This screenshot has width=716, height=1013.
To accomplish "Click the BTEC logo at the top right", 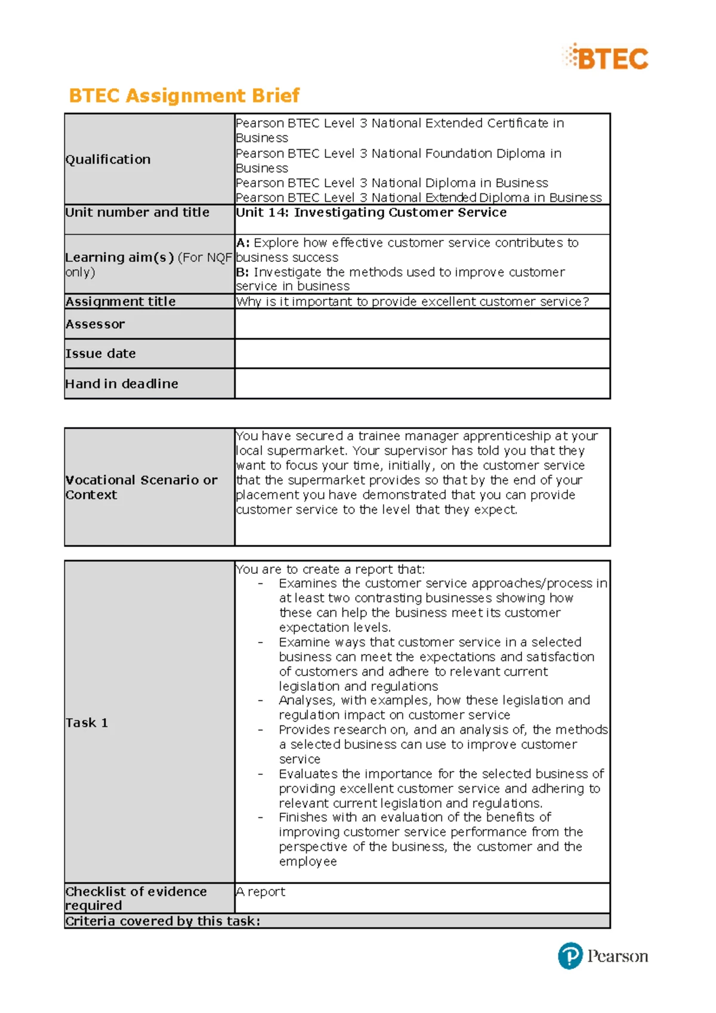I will [x=606, y=58].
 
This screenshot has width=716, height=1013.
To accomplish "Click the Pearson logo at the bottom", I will [x=603, y=956].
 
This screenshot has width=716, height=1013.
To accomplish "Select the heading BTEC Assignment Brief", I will [x=184, y=95].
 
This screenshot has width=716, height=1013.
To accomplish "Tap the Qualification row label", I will [x=108, y=159].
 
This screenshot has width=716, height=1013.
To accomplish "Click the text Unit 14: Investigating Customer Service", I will [x=371, y=212].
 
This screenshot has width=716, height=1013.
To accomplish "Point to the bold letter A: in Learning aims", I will [x=242, y=243].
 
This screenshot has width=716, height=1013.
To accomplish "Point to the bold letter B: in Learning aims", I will [x=242, y=272].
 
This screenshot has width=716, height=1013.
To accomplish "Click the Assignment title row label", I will [x=121, y=301].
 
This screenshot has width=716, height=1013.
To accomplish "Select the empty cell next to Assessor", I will [x=422, y=324].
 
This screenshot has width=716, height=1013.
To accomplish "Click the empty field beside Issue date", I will [x=422, y=353].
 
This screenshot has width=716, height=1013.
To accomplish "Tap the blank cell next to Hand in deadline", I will [x=422, y=384].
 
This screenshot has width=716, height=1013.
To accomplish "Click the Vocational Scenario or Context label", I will [x=141, y=487].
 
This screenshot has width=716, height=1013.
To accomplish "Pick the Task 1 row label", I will [x=87, y=722].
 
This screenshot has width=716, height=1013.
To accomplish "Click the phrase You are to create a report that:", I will [x=330, y=569].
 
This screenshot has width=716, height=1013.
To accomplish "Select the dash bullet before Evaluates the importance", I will [x=261, y=774].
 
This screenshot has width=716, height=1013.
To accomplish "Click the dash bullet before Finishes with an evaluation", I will [x=261, y=817].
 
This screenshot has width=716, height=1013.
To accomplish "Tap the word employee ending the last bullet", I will [x=308, y=861].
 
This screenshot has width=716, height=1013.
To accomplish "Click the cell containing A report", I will [x=261, y=891].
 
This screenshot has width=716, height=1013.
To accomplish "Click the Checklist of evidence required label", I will [x=136, y=898].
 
